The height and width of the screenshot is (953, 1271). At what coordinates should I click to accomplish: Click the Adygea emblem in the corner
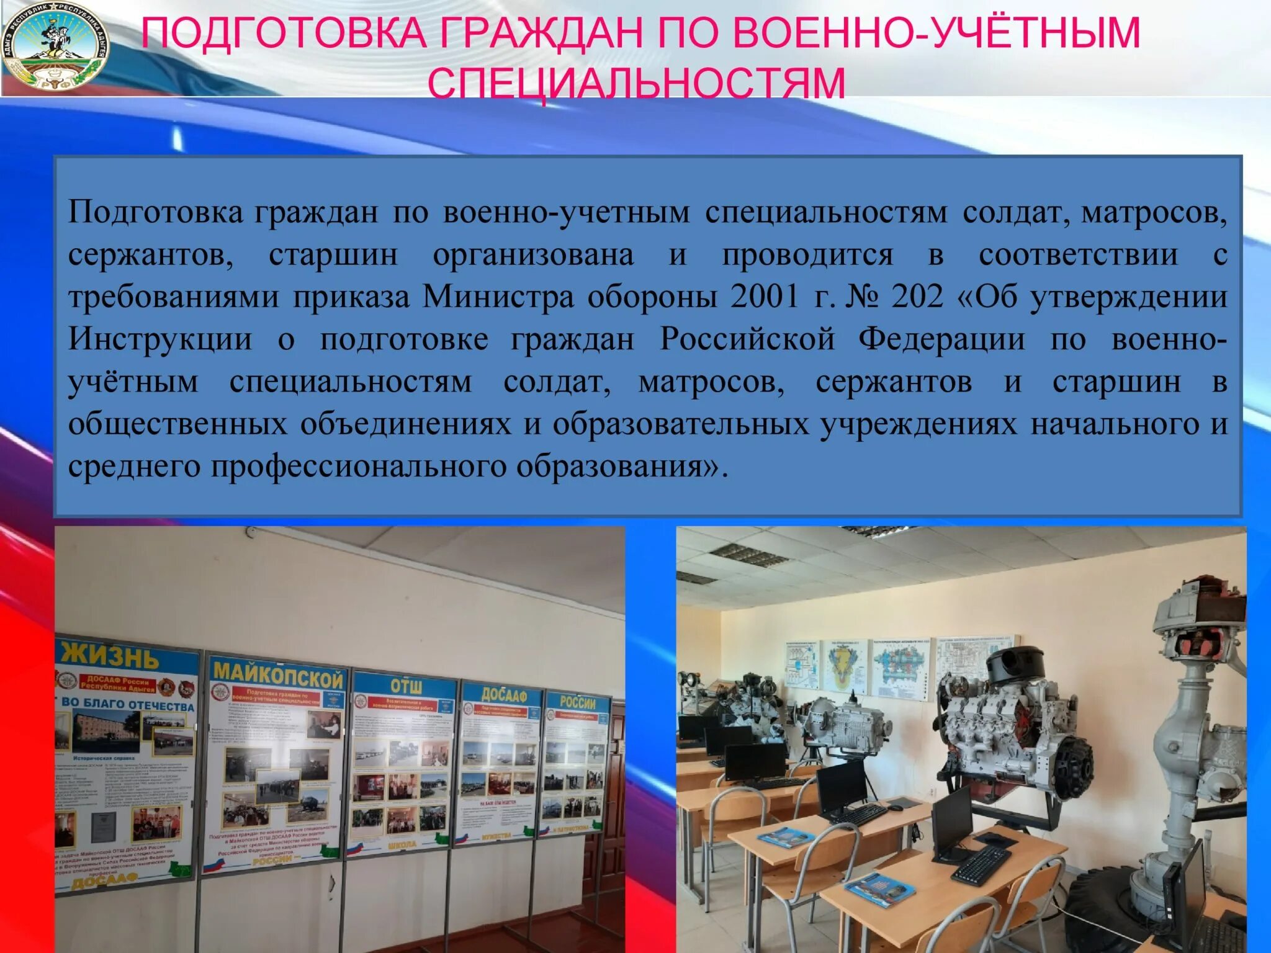[x=55, y=48]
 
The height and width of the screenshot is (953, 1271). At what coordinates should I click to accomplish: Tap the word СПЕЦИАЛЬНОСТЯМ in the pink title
[x=637, y=82]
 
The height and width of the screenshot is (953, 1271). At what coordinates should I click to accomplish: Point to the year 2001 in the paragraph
[x=765, y=297]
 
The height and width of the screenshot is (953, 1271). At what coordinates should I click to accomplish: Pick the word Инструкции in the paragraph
[x=160, y=339]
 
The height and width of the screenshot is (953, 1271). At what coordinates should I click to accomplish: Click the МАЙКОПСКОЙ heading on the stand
[x=278, y=674]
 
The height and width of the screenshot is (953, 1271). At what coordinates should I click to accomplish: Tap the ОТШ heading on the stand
[x=406, y=686]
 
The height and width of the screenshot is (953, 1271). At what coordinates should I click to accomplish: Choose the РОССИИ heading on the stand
[x=577, y=703]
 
